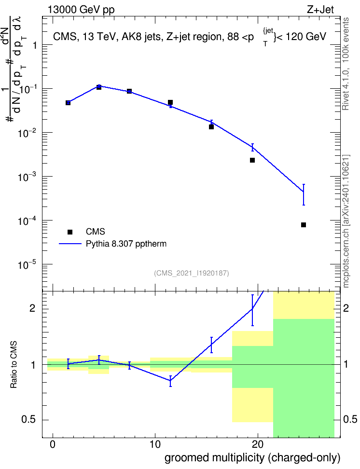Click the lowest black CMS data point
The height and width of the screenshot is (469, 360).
click(x=304, y=225)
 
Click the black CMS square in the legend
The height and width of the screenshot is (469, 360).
click(x=70, y=232)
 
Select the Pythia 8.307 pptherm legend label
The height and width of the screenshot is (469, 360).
click(x=126, y=244)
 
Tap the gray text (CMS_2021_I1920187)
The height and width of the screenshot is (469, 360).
click(x=192, y=273)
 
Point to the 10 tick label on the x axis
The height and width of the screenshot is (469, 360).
click(x=155, y=444)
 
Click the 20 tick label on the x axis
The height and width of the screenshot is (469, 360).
click(x=258, y=444)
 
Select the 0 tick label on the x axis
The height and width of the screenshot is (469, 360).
click(x=53, y=444)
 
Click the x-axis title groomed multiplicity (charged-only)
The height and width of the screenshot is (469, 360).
click(x=252, y=458)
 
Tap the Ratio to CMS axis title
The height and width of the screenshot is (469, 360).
click(x=14, y=364)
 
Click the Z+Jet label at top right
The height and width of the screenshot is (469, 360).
click(x=320, y=10)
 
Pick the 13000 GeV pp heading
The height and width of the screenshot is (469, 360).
click(x=81, y=10)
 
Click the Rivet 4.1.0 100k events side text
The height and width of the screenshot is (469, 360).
click(x=346, y=64)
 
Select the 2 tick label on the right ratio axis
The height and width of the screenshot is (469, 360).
click(x=346, y=308)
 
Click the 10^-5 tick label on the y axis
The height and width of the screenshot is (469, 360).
click(x=27, y=265)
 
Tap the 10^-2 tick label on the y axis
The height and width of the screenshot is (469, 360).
click(x=27, y=133)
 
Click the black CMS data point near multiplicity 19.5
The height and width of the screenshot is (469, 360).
click(x=252, y=160)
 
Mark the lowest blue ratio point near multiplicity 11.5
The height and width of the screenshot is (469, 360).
click(x=170, y=381)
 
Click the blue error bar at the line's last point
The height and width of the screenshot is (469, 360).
click(x=304, y=194)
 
